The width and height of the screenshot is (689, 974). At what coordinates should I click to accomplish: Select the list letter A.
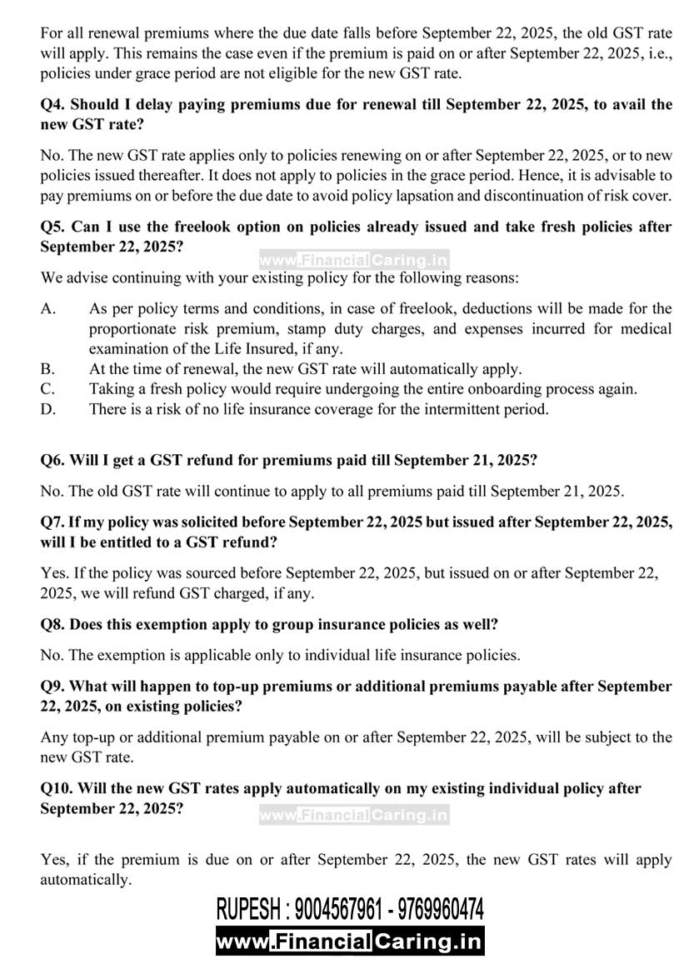click(48, 309)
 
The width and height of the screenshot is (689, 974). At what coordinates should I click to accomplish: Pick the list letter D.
click(48, 409)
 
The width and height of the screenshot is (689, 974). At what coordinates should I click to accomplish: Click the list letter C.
click(48, 389)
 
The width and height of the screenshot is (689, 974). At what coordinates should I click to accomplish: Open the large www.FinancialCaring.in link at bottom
click(350, 942)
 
